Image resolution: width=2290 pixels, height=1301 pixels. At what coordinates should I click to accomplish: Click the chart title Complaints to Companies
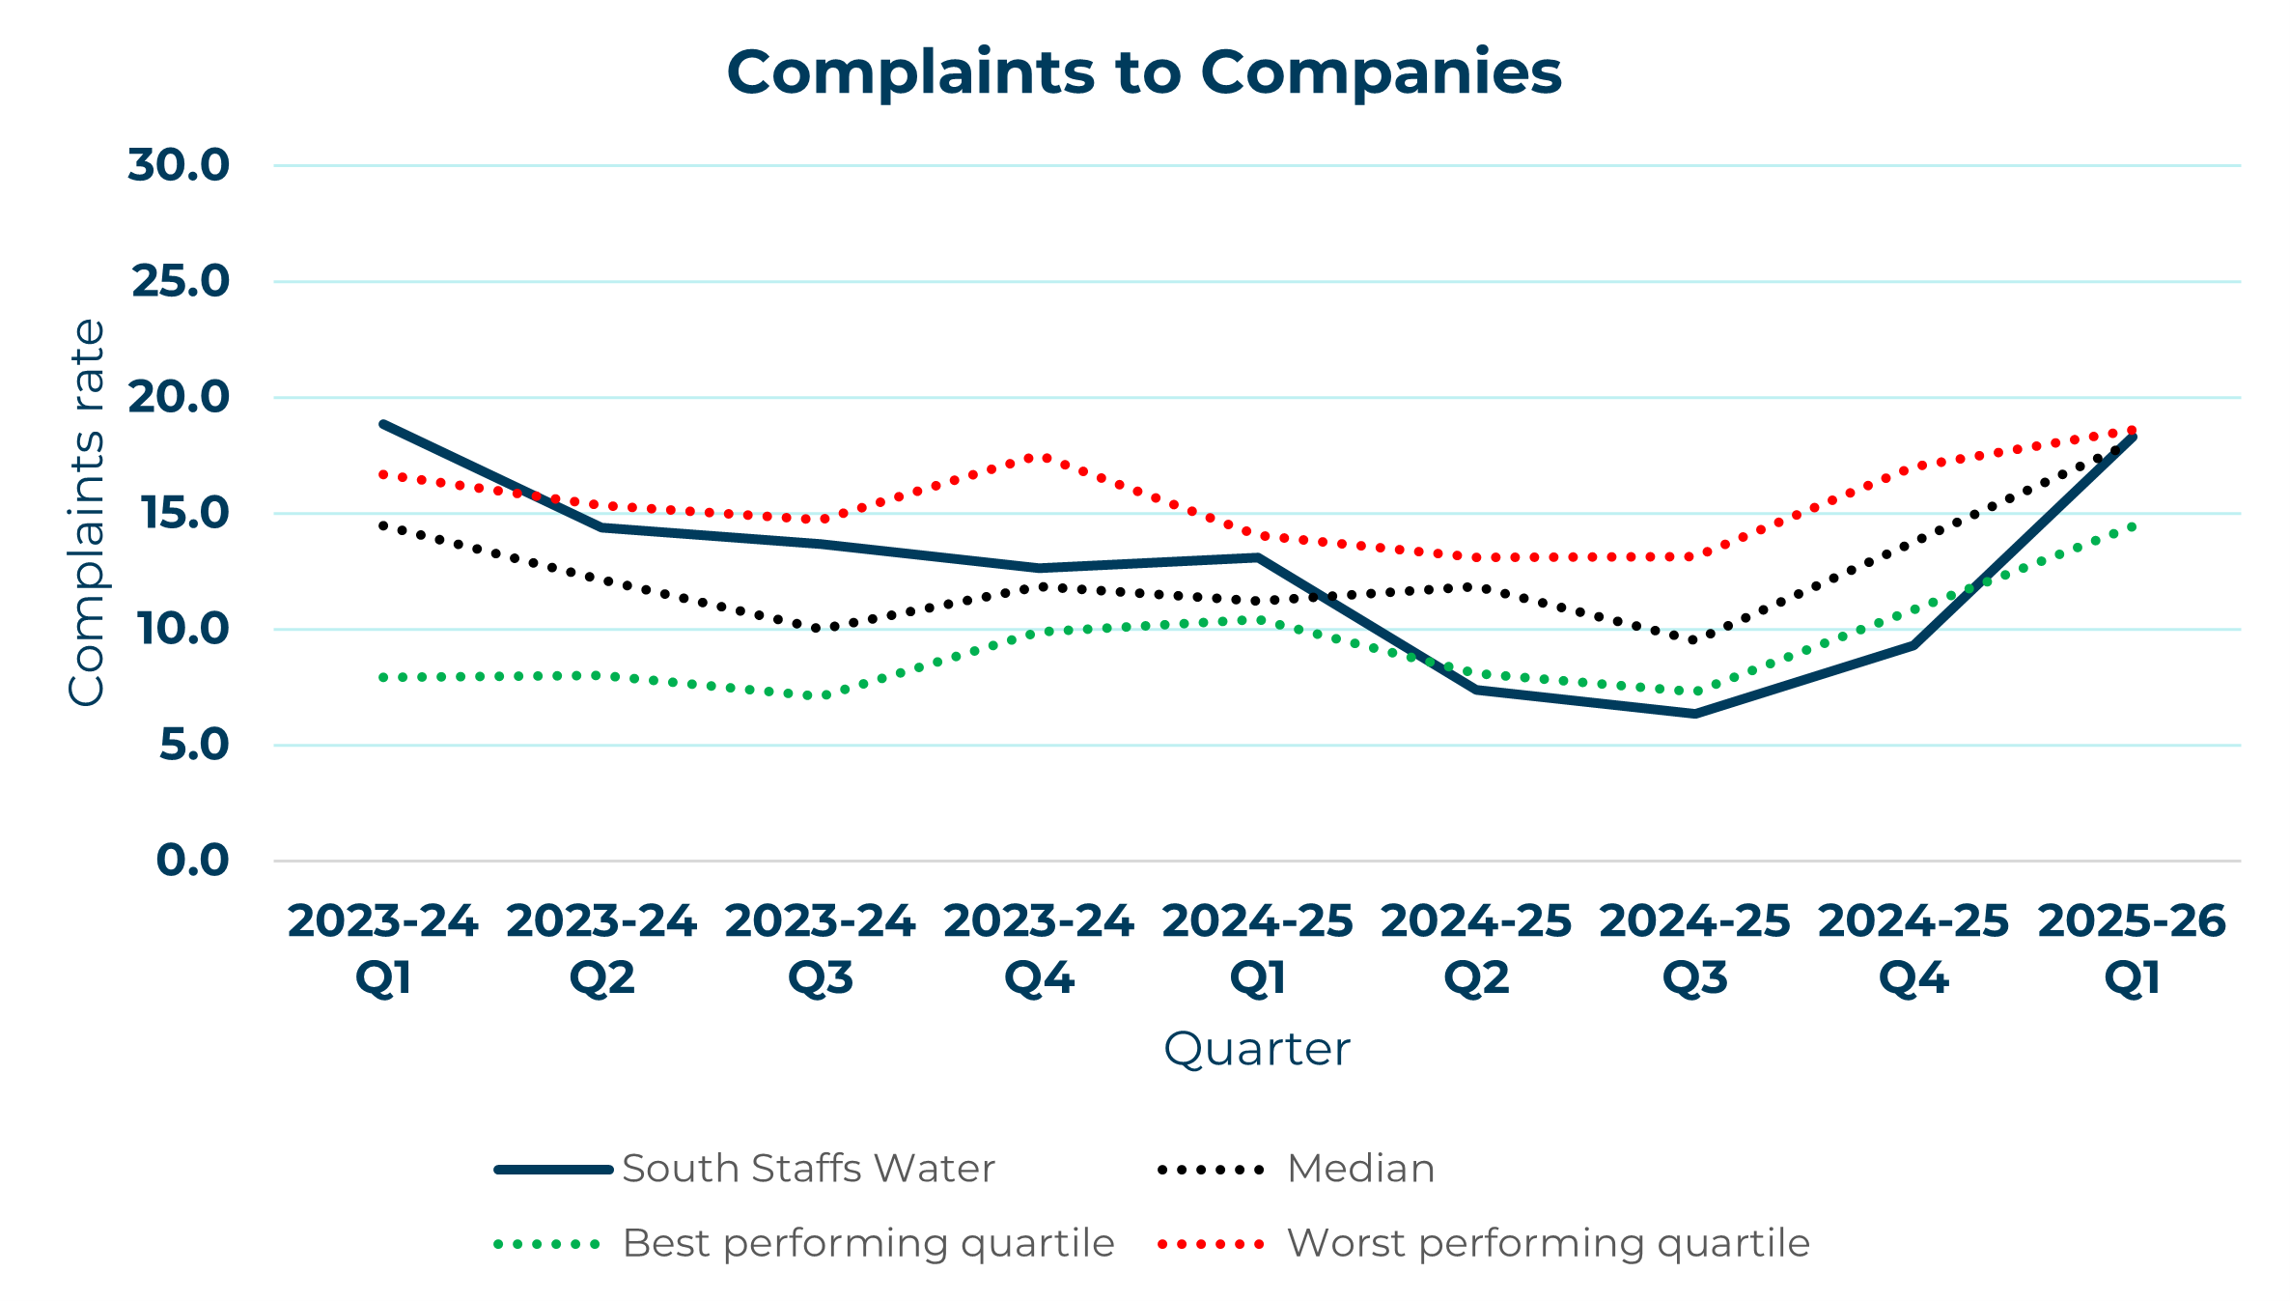(1144, 73)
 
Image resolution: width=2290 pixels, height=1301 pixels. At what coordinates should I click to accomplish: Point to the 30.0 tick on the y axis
(180, 165)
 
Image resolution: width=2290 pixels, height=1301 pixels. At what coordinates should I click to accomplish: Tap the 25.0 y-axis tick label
(182, 281)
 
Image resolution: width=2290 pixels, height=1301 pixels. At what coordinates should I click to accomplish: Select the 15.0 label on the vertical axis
(185, 513)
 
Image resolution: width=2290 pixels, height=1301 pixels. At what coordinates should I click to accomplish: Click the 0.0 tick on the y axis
(193, 860)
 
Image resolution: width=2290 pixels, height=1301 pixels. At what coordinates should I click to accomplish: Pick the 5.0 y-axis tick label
(194, 745)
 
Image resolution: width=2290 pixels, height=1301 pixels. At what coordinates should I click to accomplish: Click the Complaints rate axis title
(87, 512)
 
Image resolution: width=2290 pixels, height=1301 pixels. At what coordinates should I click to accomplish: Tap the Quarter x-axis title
(1256, 1049)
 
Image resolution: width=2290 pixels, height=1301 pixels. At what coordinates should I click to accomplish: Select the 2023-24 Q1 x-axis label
(383, 948)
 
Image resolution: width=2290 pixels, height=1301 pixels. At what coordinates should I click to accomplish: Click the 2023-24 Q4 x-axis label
(1039, 948)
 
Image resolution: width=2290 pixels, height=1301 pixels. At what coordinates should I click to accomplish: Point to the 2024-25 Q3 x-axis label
(1694, 948)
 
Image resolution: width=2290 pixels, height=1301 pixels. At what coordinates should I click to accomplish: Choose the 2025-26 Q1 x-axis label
(2132, 948)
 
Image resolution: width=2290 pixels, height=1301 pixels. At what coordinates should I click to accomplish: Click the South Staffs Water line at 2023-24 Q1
(383, 424)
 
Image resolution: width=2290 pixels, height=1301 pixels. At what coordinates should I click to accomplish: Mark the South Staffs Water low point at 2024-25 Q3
(1694, 714)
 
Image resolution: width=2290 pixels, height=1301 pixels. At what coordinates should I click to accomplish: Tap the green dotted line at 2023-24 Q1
(383, 677)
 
